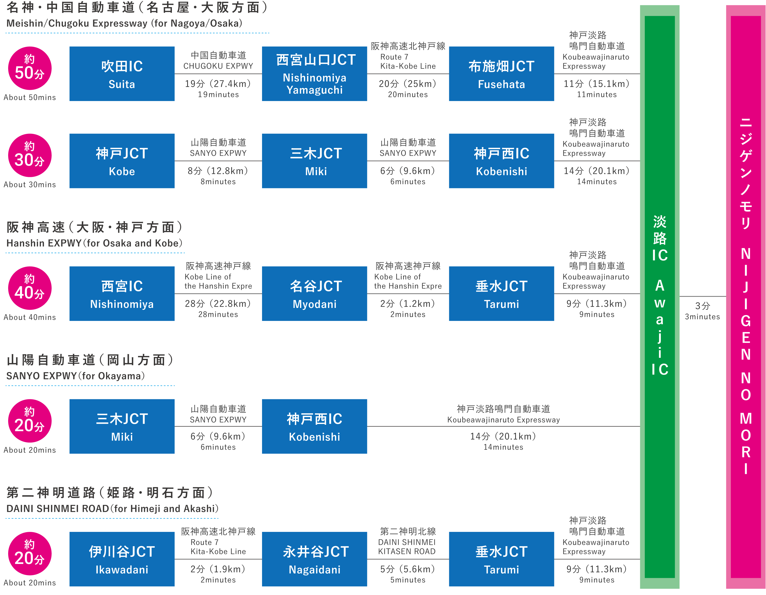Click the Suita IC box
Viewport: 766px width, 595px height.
tap(122, 74)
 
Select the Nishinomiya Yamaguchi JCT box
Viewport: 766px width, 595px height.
tap(314, 74)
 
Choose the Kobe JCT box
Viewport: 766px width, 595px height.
tap(122, 161)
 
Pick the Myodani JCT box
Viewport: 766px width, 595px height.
tap(314, 294)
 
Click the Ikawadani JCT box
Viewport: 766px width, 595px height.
tap(122, 559)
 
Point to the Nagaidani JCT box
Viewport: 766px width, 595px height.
tap(314, 559)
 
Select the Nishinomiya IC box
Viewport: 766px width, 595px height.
tap(122, 294)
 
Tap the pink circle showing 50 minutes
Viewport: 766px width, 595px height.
tap(30, 68)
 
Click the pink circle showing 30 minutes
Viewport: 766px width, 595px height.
tap(30, 155)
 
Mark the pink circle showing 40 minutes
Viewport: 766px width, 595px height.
tap(30, 288)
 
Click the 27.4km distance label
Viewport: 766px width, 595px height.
tap(218, 84)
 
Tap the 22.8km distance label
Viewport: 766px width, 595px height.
tap(218, 304)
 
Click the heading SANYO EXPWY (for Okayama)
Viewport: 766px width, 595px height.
tap(75, 376)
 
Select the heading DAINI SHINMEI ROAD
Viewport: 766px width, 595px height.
tap(112, 508)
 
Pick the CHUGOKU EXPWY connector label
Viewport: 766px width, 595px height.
tap(218, 66)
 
